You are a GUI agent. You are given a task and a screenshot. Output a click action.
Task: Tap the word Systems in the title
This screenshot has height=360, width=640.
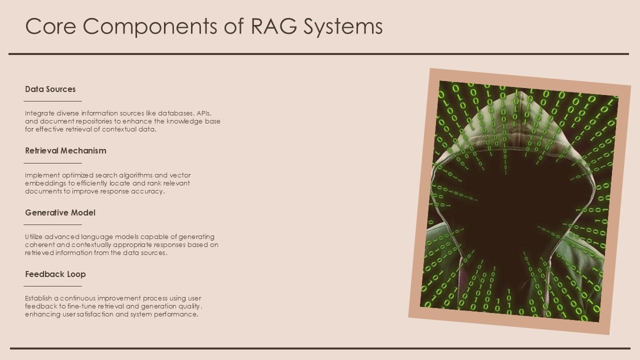[x=343, y=27]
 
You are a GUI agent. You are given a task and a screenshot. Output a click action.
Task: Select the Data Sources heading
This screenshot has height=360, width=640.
[x=50, y=89]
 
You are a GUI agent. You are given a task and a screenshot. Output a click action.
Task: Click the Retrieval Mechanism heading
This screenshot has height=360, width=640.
[x=65, y=150]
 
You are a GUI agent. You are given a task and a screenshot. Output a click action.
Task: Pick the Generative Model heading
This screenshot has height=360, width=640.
[x=60, y=212]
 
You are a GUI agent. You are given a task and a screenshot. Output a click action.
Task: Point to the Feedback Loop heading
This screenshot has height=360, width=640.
[x=55, y=274]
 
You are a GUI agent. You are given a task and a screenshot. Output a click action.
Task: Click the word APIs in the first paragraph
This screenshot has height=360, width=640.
[x=204, y=113]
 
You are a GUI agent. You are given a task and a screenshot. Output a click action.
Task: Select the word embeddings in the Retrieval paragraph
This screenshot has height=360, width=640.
[x=45, y=183]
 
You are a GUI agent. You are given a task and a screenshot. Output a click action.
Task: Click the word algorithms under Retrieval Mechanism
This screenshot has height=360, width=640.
[x=135, y=175]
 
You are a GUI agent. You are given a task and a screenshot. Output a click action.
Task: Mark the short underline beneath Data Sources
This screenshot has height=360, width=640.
[x=52, y=101]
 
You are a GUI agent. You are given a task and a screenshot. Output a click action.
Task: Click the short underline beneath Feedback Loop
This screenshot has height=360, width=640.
[x=52, y=286]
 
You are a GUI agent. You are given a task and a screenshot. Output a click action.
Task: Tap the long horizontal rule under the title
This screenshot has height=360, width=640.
[x=318, y=53]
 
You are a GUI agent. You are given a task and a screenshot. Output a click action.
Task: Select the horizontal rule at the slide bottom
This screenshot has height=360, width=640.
[x=320, y=348]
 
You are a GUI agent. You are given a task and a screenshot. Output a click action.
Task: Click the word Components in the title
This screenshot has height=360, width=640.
[x=149, y=27]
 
